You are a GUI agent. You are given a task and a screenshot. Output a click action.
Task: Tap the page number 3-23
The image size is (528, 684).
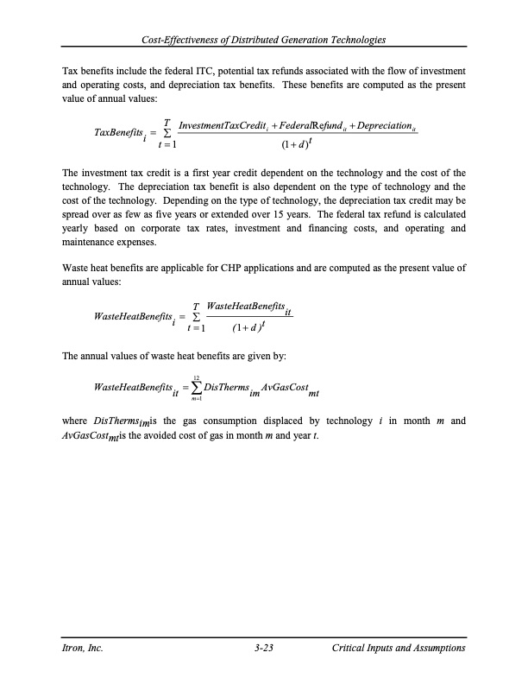pyautogui.click(x=264, y=648)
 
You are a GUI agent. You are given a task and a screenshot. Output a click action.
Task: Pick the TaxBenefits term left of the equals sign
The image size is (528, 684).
pyautogui.click(x=120, y=135)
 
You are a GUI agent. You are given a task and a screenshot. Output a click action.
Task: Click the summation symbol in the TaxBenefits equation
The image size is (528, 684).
pyautogui.click(x=167, y=135)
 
